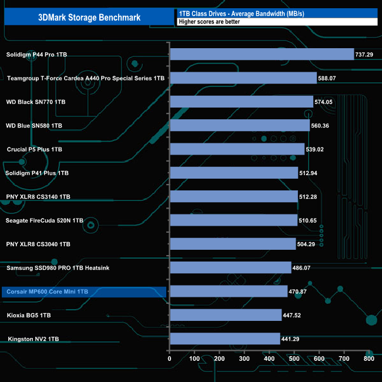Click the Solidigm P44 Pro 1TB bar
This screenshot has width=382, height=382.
[x=262, y=54]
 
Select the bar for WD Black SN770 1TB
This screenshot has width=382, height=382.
[x=241, y=102]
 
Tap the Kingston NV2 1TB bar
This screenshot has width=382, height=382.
[x=224, y=339]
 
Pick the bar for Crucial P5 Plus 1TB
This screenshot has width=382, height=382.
[x=237, y=149]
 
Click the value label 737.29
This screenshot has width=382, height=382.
[x=365, y=54]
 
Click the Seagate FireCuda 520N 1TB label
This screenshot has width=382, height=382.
[x=45, y=220]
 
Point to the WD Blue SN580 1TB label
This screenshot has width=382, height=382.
[x=34, y=126]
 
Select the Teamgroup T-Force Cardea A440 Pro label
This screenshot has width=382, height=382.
[x=86, y=78]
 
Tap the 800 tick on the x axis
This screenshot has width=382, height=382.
[x=368, y=359]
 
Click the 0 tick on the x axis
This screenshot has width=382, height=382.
[x=170, y=359]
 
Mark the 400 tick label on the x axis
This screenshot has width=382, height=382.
[x=269, y=359]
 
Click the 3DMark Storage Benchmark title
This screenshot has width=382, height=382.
[x=89, y=17]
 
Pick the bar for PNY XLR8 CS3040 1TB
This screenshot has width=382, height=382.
[x=233, y=244]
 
